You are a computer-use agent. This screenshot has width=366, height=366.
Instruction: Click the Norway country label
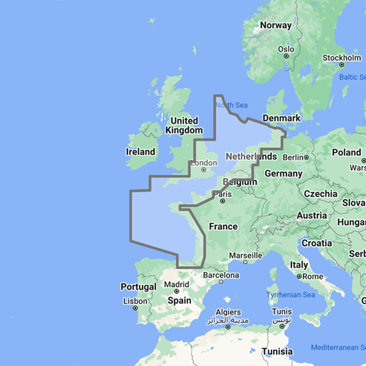pos(276,26)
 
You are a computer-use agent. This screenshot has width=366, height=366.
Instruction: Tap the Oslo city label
pos(285,50)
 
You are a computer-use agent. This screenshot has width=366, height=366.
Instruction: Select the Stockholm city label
pos(343,58)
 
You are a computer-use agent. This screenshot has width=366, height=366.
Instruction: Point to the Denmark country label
pos(282,119)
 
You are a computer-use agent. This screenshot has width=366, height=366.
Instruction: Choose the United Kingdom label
pos(183,125)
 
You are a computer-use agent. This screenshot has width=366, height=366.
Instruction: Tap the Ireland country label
pos(141,152)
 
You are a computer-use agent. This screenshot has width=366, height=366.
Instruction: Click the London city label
pos(203,163)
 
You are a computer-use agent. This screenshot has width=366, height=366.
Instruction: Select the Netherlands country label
pos(251,157)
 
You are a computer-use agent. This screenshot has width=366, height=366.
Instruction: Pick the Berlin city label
pos(293,157)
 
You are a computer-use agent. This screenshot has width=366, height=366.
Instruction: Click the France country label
pos(223,226)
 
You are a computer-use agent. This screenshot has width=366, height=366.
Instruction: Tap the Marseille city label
pos(245,255)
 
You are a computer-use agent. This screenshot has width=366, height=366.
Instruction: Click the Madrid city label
pos(176,284)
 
